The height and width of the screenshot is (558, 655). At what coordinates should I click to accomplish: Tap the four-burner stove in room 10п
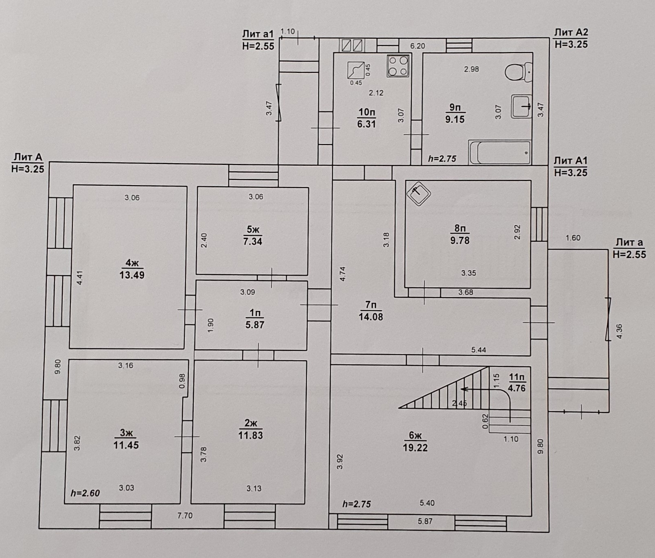(x=398, y=66)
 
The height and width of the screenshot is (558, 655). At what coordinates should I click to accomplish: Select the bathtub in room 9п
(x=500, y=152)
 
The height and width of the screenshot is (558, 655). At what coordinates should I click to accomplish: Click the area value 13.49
(x=132, y=275)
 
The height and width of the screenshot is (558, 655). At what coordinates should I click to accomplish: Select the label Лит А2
(x=571, y=32)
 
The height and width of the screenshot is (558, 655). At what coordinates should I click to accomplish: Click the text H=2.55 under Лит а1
(x=258, y=46)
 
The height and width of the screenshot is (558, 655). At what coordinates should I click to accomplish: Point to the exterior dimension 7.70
(x=185, y=516)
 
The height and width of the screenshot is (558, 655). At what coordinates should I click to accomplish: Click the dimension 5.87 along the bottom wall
(x=425, y=521)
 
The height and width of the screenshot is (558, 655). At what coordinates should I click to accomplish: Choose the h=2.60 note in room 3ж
(x=85, y=493)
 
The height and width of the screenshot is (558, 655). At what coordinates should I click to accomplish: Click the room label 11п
(x=517, y=377)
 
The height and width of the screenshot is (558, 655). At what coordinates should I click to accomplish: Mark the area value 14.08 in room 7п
(x=371, y=317)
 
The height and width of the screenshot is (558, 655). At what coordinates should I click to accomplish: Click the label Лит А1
(x=571, y=161)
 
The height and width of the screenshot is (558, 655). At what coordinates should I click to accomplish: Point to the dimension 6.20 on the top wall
(x=418, y=46)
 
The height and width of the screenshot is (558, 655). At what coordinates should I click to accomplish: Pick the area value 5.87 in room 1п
(x=255, y=325)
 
